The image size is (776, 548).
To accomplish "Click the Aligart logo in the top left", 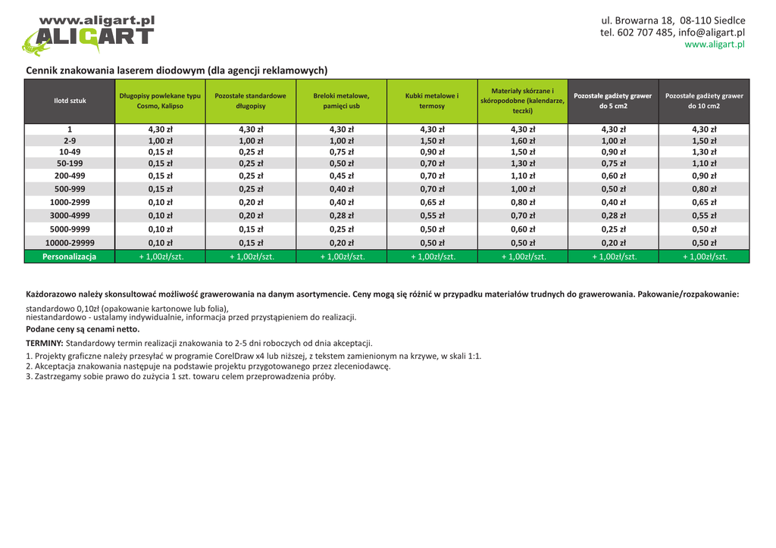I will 88,35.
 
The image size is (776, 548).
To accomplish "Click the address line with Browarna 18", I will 673,20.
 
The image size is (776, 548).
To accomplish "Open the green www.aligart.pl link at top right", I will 715,45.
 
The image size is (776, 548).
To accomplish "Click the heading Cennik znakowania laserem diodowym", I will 177,70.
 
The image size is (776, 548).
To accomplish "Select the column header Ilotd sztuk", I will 70,101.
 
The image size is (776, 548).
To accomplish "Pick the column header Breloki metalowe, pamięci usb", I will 341,101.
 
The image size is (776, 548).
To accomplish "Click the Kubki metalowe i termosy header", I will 432,101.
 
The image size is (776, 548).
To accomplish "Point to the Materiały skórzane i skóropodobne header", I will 522,101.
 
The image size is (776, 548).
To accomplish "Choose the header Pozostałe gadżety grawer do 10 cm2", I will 704,101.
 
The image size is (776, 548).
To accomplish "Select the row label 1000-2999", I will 70,202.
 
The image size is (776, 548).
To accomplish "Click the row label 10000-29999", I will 70,243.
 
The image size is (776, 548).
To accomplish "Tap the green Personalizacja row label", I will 70,257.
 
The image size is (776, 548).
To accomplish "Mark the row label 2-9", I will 70,141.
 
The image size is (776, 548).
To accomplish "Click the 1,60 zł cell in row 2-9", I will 523,141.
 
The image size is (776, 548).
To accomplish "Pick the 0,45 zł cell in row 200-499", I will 341,176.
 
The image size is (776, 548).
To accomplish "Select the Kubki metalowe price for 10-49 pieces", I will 432,152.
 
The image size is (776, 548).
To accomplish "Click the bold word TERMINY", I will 45,343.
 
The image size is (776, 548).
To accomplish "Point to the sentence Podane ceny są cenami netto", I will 83,329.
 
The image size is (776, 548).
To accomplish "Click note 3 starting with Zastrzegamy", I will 180,376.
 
